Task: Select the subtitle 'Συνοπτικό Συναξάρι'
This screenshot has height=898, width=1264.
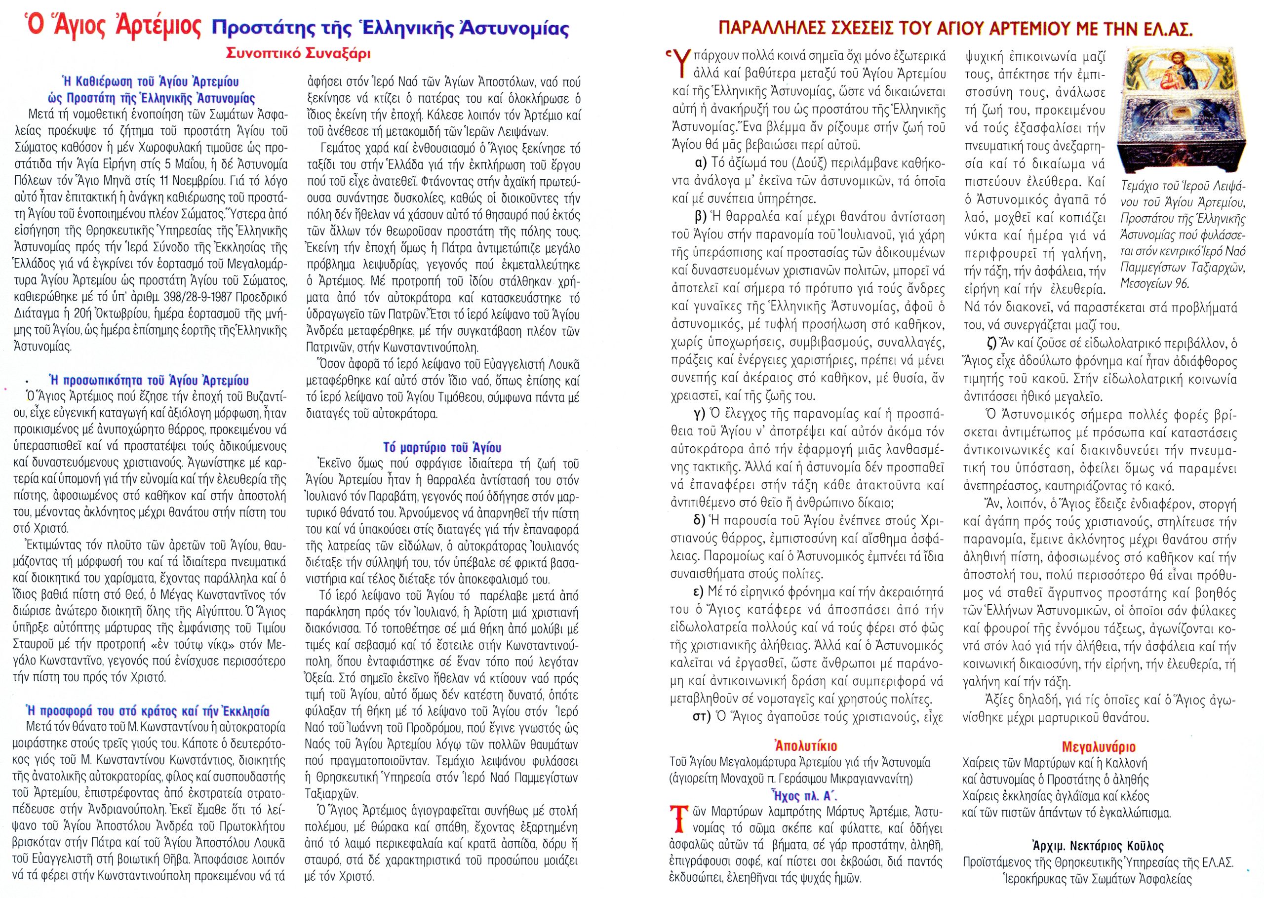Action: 297,54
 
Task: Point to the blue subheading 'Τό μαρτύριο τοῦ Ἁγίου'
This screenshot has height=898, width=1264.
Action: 442,447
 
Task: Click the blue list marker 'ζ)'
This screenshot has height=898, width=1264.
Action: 990,344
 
